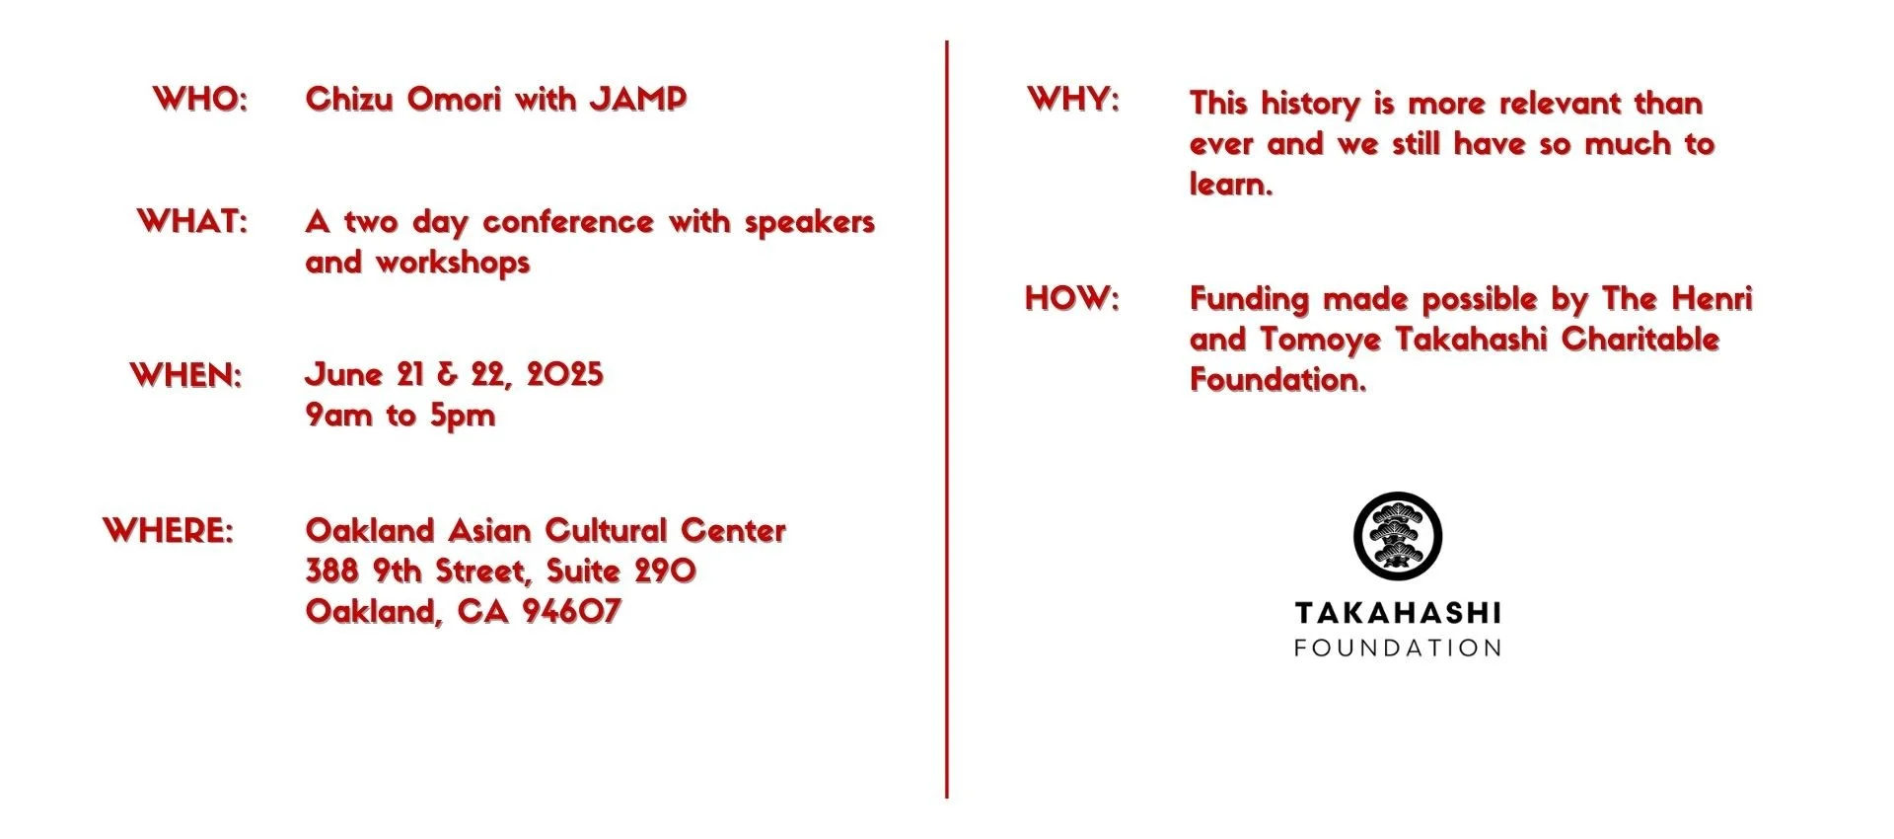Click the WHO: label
pyautogui.click(x=200, y=99)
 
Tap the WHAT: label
pyautogui.click(x=192, y=221)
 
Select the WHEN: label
pyautogui.click(x=185, y=375)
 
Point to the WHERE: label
pyautogui.click(x=169, y=530)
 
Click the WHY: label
pyautogui.click(x=1073, y=99)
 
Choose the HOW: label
pyautogui.click(x=1072, y=298)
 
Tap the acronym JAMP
pyautogui.click(x=637, y=99)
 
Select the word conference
pyautogui.click(x=568, y=222)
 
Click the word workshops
pyautogui.click(x=453, y=263)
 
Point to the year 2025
pyautogui.click(x=564, y=375)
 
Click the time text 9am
pyautogui.click(x=338, y=416)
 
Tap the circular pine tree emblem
pyautogui.click(x=1397, y=535)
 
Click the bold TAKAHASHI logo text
pyautogui.click(x=1397, y=613)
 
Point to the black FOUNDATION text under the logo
pyautogui.click(x=1397, y=648)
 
